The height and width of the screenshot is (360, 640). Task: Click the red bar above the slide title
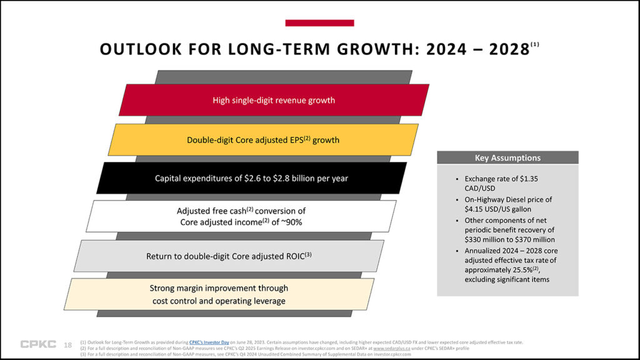pos(319,23)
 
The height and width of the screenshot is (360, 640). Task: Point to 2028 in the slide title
pos(505,50)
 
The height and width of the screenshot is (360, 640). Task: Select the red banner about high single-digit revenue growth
pos(274,100)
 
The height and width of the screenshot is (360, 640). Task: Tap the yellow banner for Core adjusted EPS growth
pos(263,140)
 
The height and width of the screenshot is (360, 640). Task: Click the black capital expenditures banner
pos(251,178)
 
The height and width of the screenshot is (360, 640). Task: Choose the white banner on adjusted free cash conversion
pos(241,216)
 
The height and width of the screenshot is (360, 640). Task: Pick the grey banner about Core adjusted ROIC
pos(229,256)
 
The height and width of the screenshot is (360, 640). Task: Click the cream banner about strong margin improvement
pos(218,294)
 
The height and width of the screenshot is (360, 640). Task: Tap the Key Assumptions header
pos(507,158)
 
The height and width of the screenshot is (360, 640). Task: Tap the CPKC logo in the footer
pos(37,344)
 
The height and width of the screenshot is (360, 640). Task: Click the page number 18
pos(68,344)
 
